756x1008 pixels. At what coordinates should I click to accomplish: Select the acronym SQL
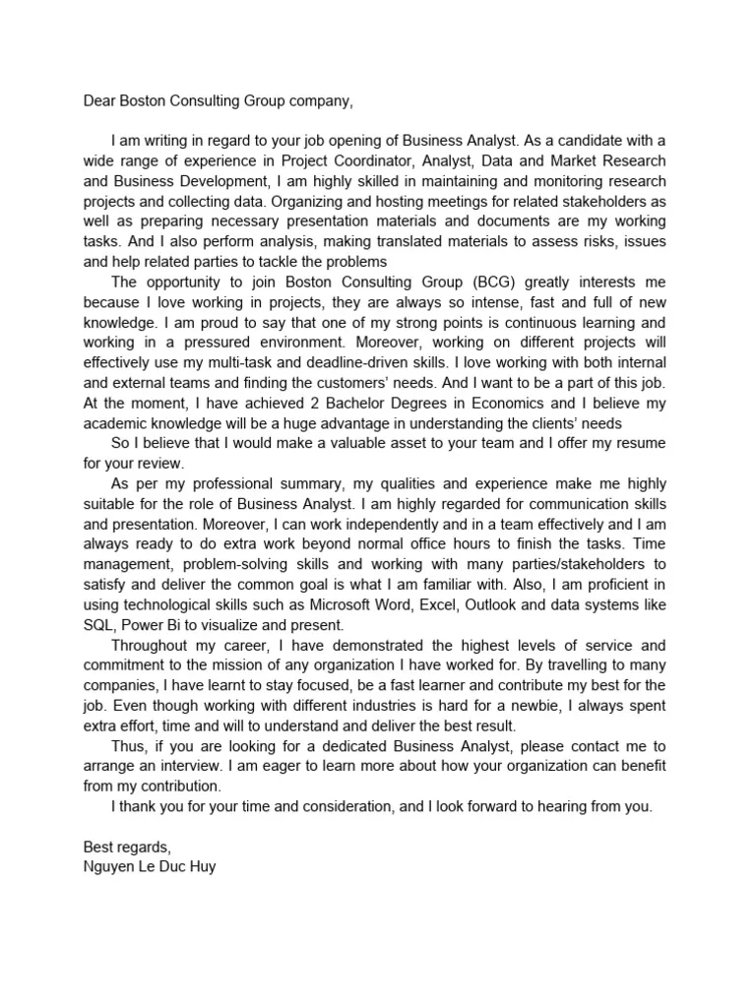pyautogui.click(x=99, y=625)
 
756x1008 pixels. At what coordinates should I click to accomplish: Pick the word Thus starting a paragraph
pyautogui.click(x=130, y=746)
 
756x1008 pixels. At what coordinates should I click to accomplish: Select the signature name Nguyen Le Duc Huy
pyautogui.click(x=149, y=867)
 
